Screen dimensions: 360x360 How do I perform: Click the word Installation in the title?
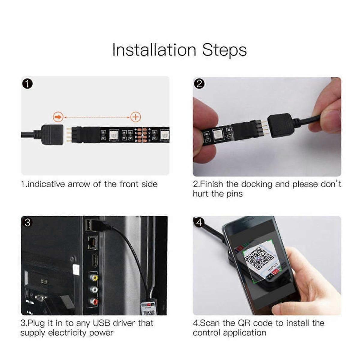tap(154, 50)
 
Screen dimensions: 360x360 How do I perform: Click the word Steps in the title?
tap(224, 50)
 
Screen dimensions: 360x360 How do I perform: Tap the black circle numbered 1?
tap(27, 84)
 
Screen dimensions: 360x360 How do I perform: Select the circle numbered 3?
tap(27, 223)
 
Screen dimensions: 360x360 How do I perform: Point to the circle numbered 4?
tap(199, 222)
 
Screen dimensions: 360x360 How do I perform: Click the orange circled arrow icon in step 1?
tap(58, 117)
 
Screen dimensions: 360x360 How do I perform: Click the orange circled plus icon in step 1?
tap(136, 117)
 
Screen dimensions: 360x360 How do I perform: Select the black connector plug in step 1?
tap(52, 135)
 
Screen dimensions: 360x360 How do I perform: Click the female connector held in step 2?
tap(279, 125)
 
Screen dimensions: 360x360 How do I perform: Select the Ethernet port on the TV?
tap(92, 242)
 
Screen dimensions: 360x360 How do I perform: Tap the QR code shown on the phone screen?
tap(259, 258)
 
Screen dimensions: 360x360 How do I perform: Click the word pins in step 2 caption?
tap(234, 194)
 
